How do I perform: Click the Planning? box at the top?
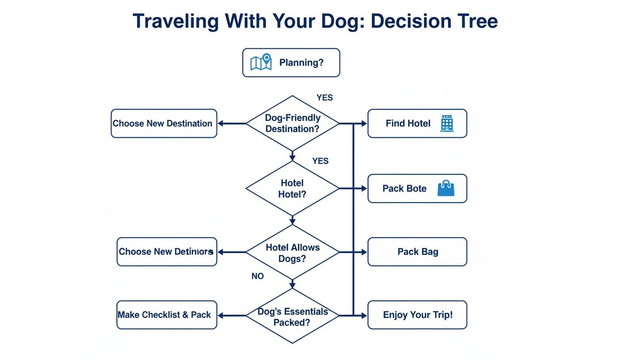(x=291, y=63)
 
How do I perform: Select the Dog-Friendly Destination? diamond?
(x=292, y=123)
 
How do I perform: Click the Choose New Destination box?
(x=164, y=124)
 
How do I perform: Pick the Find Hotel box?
(x=417, y=124)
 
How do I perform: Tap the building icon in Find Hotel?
(x=447, y=124)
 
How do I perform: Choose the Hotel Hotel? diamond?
(x=292, y=188)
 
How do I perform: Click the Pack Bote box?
(x=417, y=188)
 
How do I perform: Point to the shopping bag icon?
(x=445, y=188)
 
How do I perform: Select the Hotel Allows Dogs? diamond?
(x=292, y=252)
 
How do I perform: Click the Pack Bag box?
(x=417, y=252)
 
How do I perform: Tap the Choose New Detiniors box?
(x=166, y=252)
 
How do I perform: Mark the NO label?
(x=257, y=277)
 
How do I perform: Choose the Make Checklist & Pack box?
(x=166, y=315)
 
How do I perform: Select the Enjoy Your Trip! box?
(x=417, y=315)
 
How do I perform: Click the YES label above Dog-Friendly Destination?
(x=324, y=97)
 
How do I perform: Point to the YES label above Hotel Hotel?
(x=320, y=161)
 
